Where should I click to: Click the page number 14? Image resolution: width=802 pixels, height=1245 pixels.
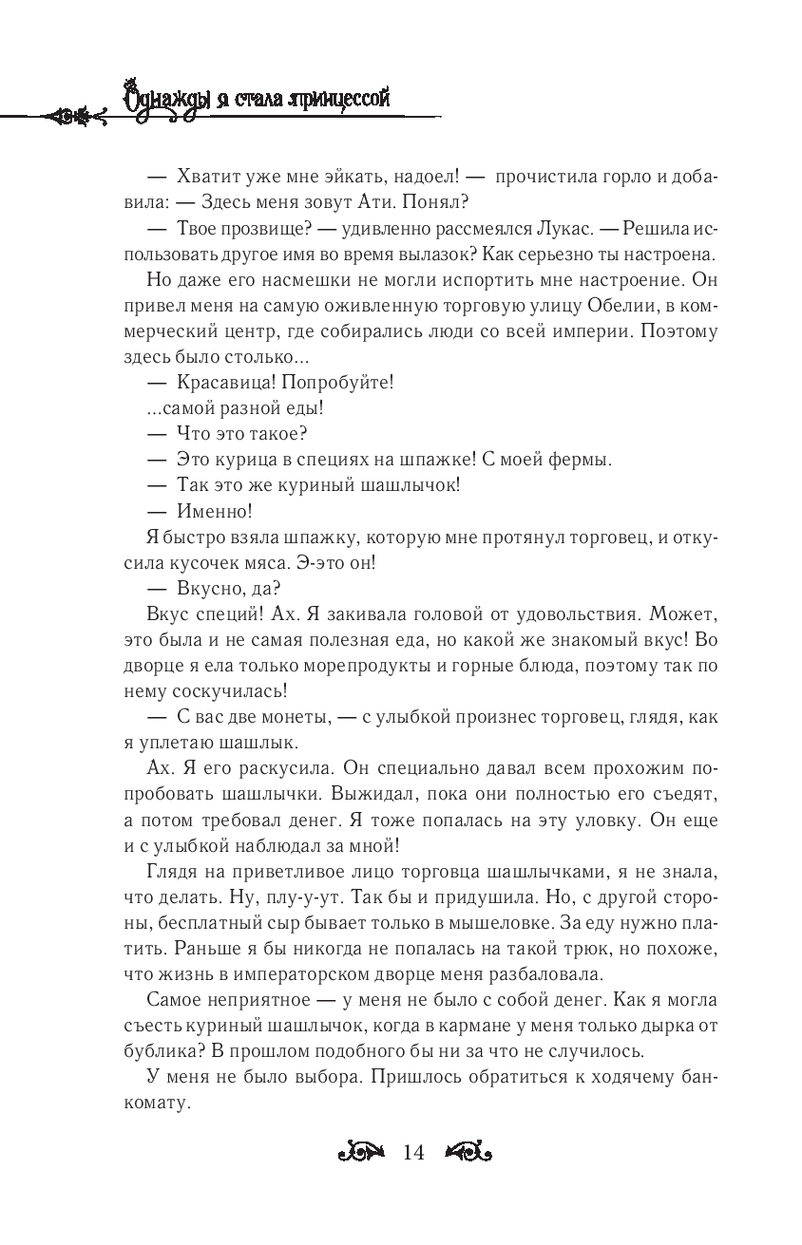tap(413, 1153)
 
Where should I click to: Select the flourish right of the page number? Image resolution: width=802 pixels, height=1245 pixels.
tap(466, 1153)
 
